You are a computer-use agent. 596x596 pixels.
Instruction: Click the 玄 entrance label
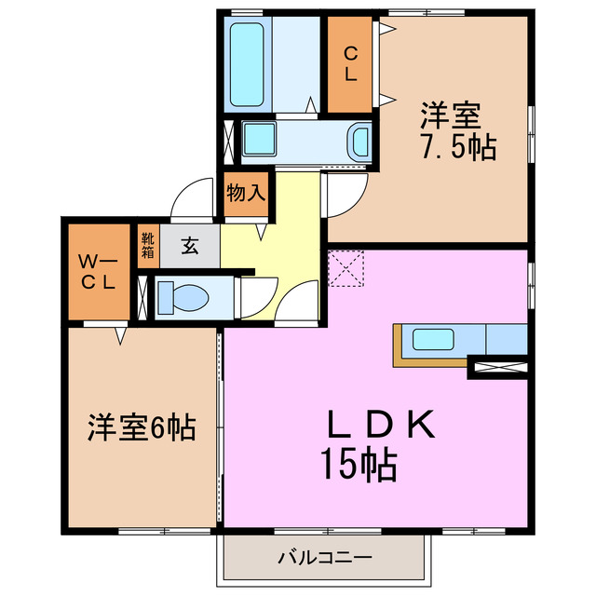coord(190,247)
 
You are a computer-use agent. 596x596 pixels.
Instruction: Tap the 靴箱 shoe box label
coord(148,249)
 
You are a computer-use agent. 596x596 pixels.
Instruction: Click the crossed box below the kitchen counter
coord(498,368)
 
